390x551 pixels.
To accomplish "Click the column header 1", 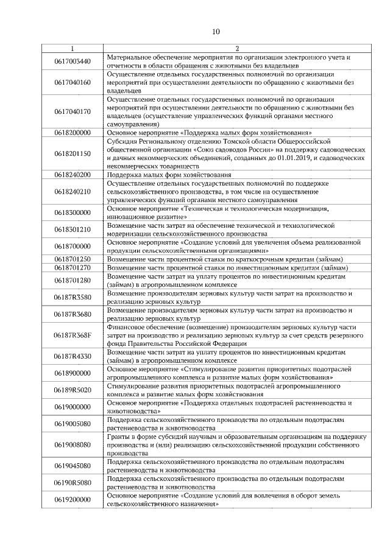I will [x=72, y=49].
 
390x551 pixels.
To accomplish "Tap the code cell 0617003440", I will [x=72, y=61].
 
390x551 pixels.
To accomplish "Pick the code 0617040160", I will [x=72, y=82].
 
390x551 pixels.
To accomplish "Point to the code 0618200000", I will [x=72, y=132].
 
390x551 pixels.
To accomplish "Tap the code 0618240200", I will [x=72, y=175].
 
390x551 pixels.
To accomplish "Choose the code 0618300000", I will [x=72, y=212].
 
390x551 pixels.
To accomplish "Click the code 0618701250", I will [x=72, y=259].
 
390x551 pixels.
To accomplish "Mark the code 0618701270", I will [x=72, y=267].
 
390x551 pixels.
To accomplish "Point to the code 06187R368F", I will [x=72, y=335].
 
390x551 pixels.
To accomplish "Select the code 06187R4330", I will [x=72, y=356].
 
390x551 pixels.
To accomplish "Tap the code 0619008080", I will [x=72, y=444].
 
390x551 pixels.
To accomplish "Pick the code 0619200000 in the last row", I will [x=72, y=499].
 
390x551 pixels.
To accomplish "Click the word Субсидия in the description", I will [x=122, y=141].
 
